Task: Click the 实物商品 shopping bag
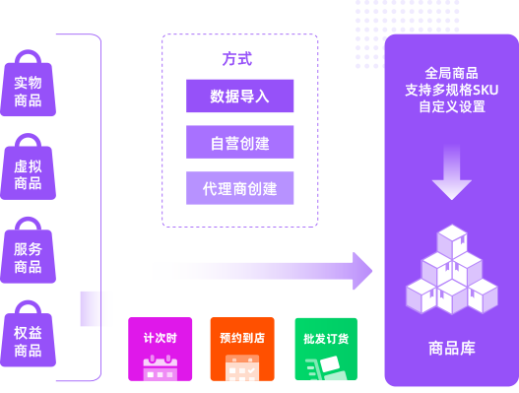(28, 89)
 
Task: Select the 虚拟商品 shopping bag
(28, 172)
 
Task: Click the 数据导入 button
(239, 97)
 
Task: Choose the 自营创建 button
(239, 142)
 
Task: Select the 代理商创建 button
(239, 187)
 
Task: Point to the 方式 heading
(236, 59)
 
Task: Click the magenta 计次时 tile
(160, 349)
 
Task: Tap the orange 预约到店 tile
(241, 349)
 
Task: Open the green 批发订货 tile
(325, 349)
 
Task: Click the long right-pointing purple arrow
(261, 271)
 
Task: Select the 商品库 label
(452, 348)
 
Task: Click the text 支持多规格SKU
(452, 90)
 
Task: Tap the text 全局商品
(452, 73)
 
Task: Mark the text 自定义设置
(452, 106)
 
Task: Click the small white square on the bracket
(97, 308)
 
